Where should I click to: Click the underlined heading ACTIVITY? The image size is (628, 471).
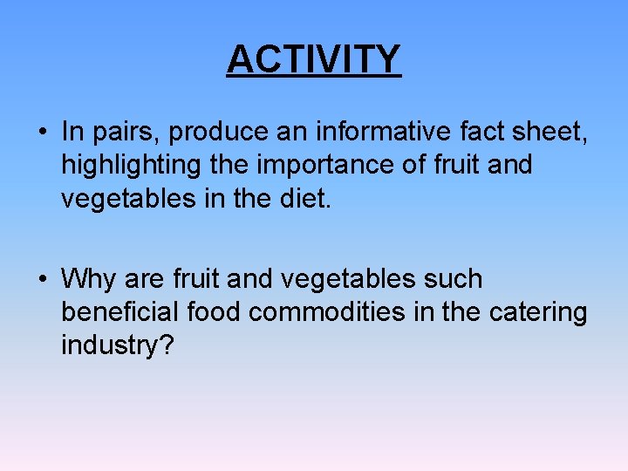[314, 59]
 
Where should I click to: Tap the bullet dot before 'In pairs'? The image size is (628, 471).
[42, 133]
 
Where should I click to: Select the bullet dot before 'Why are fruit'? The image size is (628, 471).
[42, 280]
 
